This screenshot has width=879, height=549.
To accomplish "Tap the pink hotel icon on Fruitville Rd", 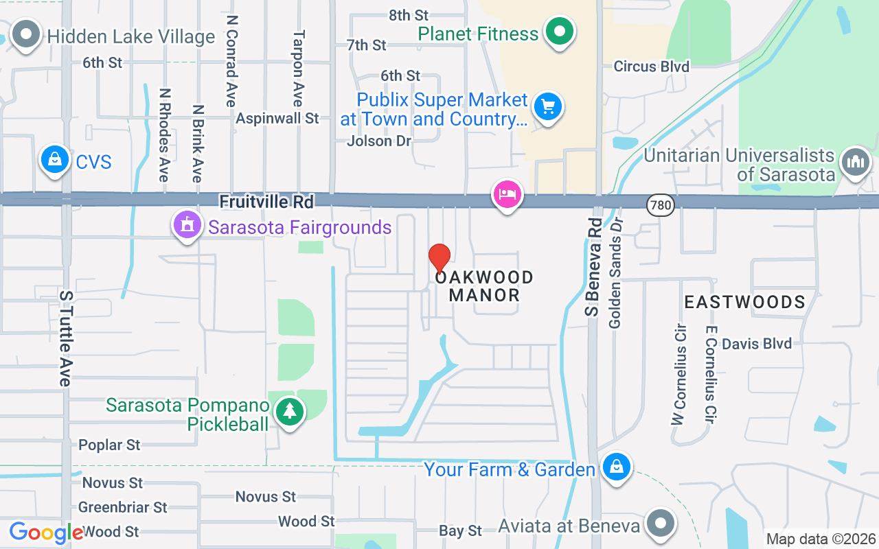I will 507,194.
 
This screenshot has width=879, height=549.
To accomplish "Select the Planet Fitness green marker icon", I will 560,32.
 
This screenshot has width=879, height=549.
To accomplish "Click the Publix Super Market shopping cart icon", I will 547,107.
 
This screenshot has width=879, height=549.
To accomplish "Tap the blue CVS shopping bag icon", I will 54,160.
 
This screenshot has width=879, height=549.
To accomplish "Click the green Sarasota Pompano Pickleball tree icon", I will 290,412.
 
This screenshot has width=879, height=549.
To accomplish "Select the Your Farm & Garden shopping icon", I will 617,467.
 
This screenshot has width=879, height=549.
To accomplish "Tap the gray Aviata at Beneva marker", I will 661,523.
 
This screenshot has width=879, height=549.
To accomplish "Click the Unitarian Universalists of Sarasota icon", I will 855,162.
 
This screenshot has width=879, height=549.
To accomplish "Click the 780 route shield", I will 660,204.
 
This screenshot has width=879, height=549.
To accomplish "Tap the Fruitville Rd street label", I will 266,202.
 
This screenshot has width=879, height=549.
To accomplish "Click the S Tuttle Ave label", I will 66,338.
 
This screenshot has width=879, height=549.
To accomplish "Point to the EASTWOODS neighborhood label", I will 744,302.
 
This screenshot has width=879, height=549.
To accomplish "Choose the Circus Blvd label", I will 651,67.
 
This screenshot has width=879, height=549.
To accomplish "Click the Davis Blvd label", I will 757,343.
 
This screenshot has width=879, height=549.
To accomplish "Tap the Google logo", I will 46,533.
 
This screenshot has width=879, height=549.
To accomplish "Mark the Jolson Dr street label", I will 379,141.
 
